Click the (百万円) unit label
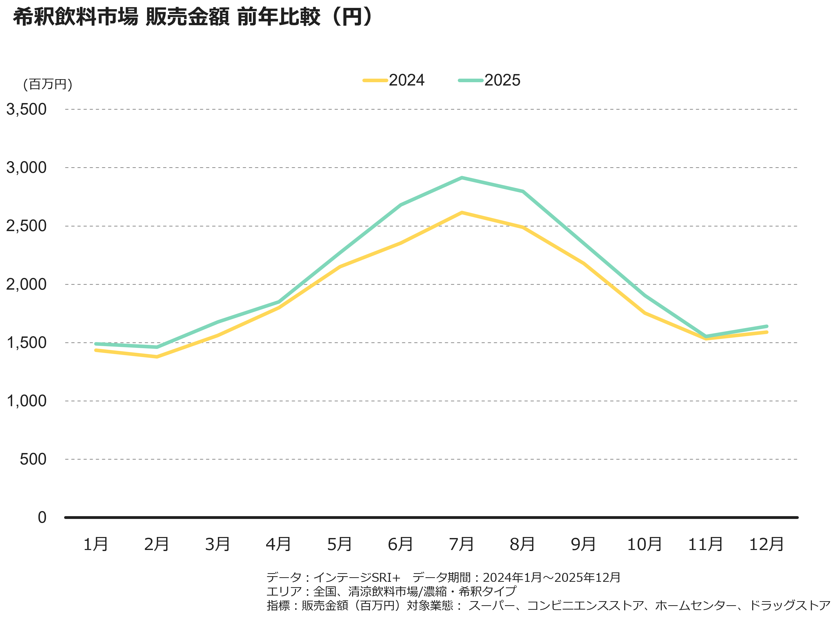(x=48, y=84)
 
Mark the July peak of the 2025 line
(x=462, y=178)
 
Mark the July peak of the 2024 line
(x=462, y=213)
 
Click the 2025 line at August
(x=523, y=191)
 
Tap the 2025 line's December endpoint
(x=767, y=326)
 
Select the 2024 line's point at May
(x=340, y=266)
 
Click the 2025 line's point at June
(x=401, y=205)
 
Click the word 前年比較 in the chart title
(x=278, y=17)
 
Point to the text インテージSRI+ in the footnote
(x=357, y=577)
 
